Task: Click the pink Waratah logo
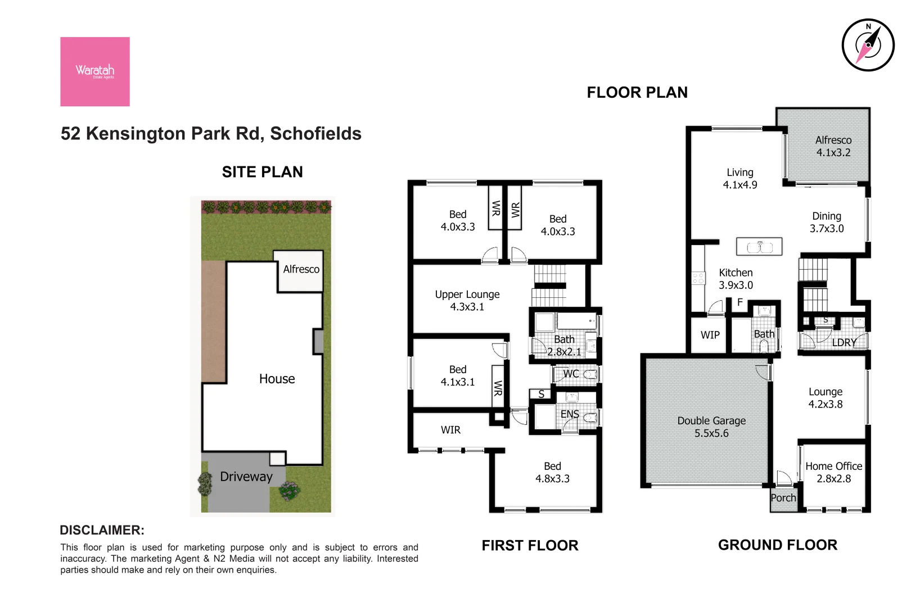tap(95, 71)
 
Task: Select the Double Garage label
tap(711, 427)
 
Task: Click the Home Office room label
tap(833, 472)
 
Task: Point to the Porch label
tap(783, 498)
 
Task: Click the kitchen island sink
tap(759, 247)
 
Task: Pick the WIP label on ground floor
tap(710, 335)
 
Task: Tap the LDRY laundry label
tap(844, 342)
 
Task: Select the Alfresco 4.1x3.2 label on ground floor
tap(833, 146)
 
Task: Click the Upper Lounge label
tap(467, 300)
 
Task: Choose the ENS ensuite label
tap(569, 414)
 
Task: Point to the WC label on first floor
tap(570, 374)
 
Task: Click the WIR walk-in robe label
tap(450, 430)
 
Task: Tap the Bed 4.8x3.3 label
tap(552, 472)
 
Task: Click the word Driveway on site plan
tap(246, 477)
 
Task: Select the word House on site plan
tap(277, 379)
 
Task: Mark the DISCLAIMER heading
tap(102, 530)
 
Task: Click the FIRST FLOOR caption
tap(530, 545)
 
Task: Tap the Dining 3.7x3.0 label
tap(827, 222)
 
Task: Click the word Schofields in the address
tap(315, 134)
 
